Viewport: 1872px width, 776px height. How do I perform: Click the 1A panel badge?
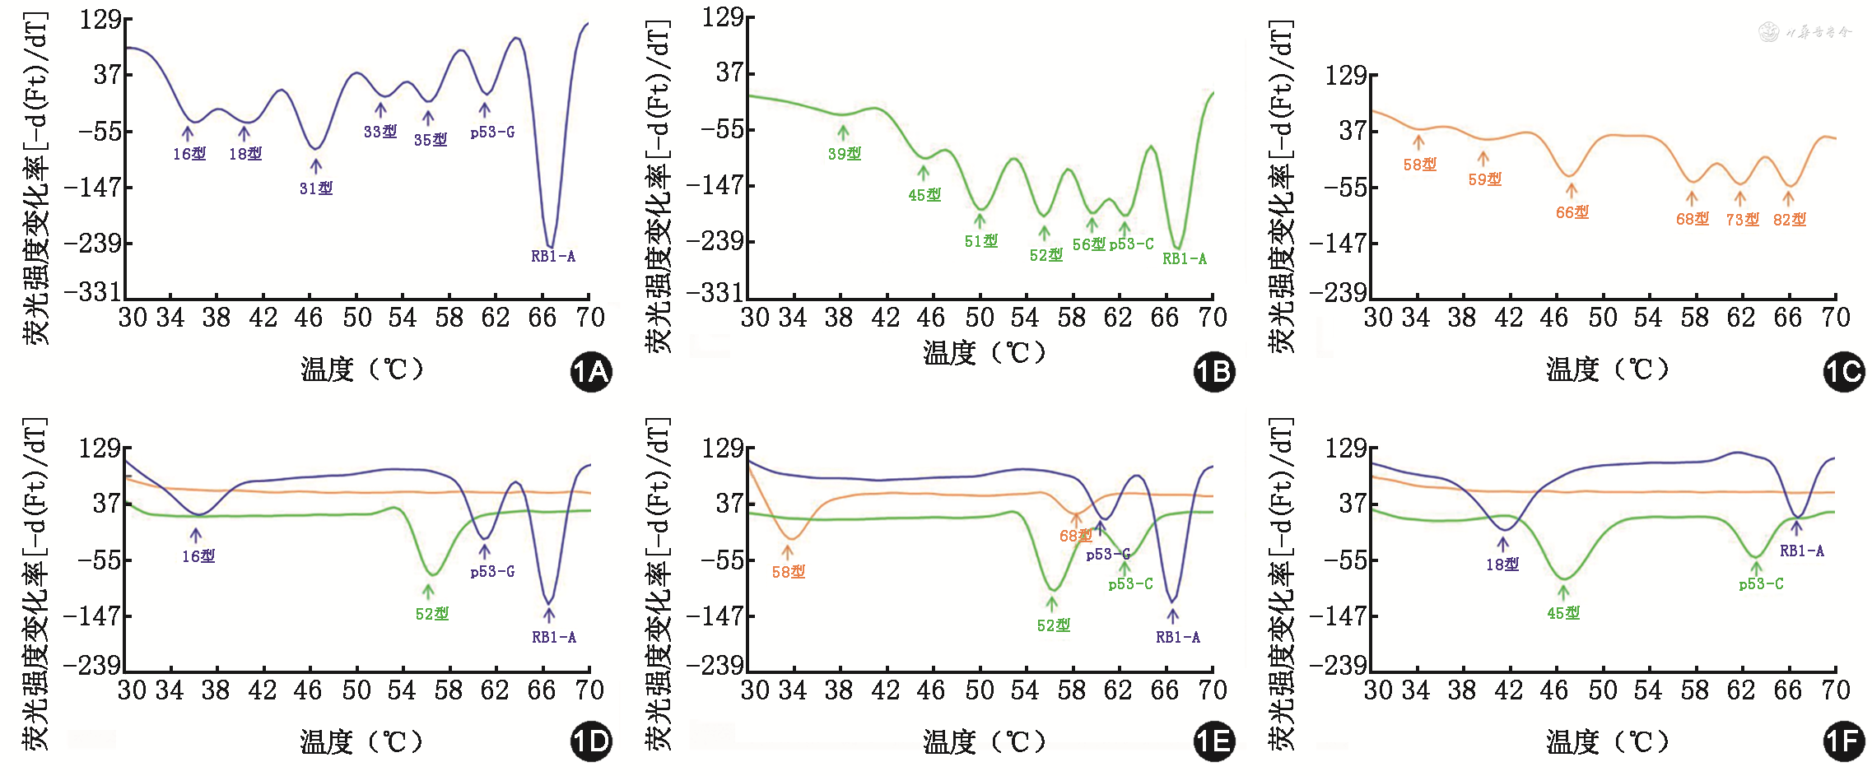click(591, 372)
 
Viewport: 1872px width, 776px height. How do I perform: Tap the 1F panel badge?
click(1844, 742)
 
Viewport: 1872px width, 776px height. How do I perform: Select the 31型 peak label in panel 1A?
click(316, 188)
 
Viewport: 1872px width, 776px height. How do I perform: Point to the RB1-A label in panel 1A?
click(553, 256)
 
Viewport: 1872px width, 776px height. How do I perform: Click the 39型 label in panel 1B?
click(845, 154)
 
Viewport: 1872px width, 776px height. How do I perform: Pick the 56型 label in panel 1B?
click(1088, 244)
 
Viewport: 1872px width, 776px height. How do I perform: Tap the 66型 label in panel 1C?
click(1572, 212)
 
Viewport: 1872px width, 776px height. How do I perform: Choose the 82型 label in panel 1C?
click(1790, 220)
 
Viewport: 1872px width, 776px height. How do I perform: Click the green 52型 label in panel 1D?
click(432, 614)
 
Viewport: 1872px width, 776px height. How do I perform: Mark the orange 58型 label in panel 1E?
click(789, 572)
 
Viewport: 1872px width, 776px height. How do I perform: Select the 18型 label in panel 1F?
click(1502, 565)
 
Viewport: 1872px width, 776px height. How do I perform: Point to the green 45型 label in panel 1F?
click(1563, 613)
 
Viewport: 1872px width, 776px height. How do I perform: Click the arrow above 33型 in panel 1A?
click(380, 110)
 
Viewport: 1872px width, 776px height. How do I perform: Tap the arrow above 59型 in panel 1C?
click(1483, 158)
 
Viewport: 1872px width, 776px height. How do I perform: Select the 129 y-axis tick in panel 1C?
click(1345, 76)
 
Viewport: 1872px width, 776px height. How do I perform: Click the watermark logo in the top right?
click(1768, 32)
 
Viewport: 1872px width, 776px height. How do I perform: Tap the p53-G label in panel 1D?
click(492, 571)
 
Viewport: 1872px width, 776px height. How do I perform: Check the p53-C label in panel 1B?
click(1132, 244)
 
